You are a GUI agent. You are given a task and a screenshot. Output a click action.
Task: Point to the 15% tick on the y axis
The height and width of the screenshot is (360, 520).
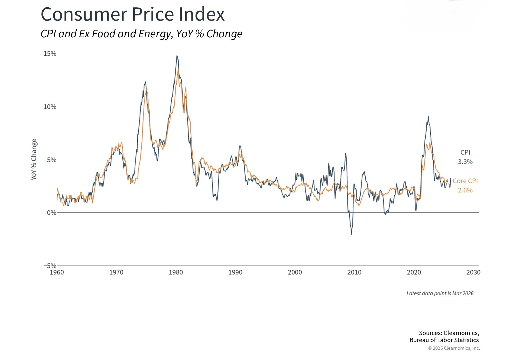tap(50, 54)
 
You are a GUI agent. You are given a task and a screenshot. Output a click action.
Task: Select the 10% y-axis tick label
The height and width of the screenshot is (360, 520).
tap(50, 107)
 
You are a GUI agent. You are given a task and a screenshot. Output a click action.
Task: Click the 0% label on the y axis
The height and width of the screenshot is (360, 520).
tap(51, 213)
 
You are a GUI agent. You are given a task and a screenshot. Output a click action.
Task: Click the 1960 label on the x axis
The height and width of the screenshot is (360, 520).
tap(57, 272)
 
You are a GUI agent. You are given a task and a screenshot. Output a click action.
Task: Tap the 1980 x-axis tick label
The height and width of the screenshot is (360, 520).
tap(176, 272)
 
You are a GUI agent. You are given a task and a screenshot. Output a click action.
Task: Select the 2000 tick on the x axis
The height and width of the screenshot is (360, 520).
tap(295, 272)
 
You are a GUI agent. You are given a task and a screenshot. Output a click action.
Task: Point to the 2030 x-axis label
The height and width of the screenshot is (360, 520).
tap(473, 272)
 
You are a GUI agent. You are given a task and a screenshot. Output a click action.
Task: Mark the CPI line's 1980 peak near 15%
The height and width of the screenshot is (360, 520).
tap(177, 56)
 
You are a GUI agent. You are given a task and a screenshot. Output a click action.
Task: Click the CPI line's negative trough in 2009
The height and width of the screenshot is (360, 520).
tap(352, 234)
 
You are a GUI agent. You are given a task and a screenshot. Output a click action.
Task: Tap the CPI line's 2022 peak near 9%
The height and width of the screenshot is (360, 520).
tap(428, 117)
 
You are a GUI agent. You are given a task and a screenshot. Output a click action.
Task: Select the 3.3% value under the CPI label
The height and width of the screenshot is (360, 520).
tap(465, 162)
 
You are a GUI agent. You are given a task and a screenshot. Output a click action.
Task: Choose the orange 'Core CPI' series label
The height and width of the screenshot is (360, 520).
tap(465, 181)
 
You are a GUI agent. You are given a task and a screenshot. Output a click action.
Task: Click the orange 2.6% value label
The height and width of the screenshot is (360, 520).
tap(465, 190)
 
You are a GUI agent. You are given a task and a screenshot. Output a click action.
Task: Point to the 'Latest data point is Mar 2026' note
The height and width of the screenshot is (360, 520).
tap(440, 293)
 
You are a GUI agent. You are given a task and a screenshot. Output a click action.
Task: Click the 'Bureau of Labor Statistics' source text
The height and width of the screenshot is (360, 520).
tap(444, 340)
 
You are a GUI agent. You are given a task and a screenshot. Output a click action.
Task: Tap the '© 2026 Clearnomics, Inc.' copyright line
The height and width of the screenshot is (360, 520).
tap(454, 348)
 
